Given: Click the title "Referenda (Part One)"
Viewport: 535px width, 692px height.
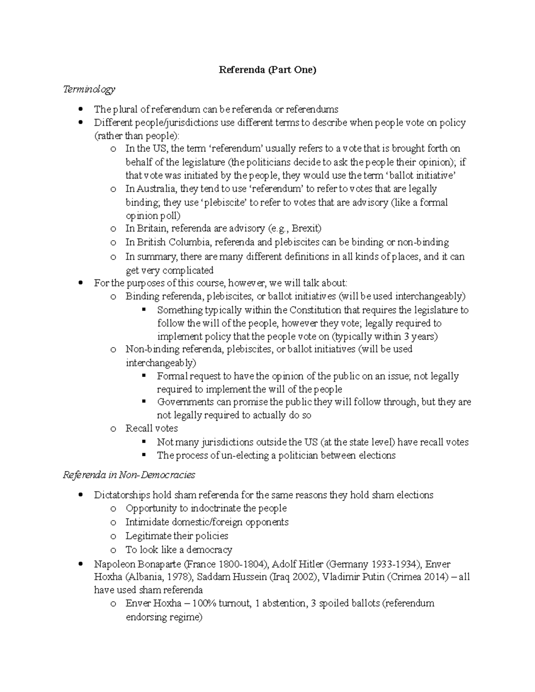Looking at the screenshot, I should [267, 70].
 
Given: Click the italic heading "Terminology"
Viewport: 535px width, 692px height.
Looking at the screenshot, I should [89, 90].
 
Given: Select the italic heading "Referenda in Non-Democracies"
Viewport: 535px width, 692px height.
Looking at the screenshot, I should [129, 475].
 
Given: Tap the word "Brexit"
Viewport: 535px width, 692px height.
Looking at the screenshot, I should [307, 229].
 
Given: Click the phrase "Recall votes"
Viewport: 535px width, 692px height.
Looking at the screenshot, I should [152, 429].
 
